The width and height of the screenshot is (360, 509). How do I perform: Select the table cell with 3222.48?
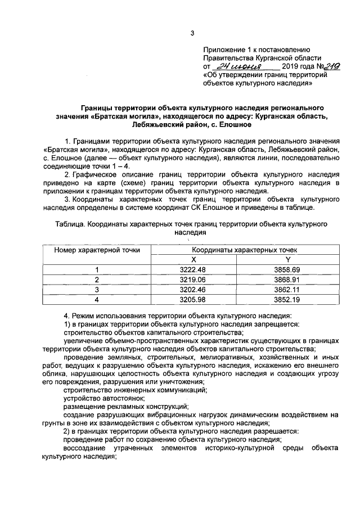point(193,269)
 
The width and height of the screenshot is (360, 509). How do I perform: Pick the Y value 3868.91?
point(287,280)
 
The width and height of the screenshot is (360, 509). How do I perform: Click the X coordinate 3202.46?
point(193,290)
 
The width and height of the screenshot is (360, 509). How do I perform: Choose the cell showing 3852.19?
point(287,299)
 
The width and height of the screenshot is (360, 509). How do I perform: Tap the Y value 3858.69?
point(287,269)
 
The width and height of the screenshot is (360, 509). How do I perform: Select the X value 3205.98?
point(193,299)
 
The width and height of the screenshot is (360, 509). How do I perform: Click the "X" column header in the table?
point(193,259)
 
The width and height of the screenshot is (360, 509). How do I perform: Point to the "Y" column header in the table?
point(287,259)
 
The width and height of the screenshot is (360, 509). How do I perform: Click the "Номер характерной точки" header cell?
point(97,250)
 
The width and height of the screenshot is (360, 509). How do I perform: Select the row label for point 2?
point(97,280)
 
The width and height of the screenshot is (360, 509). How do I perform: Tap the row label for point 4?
point(97,299)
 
